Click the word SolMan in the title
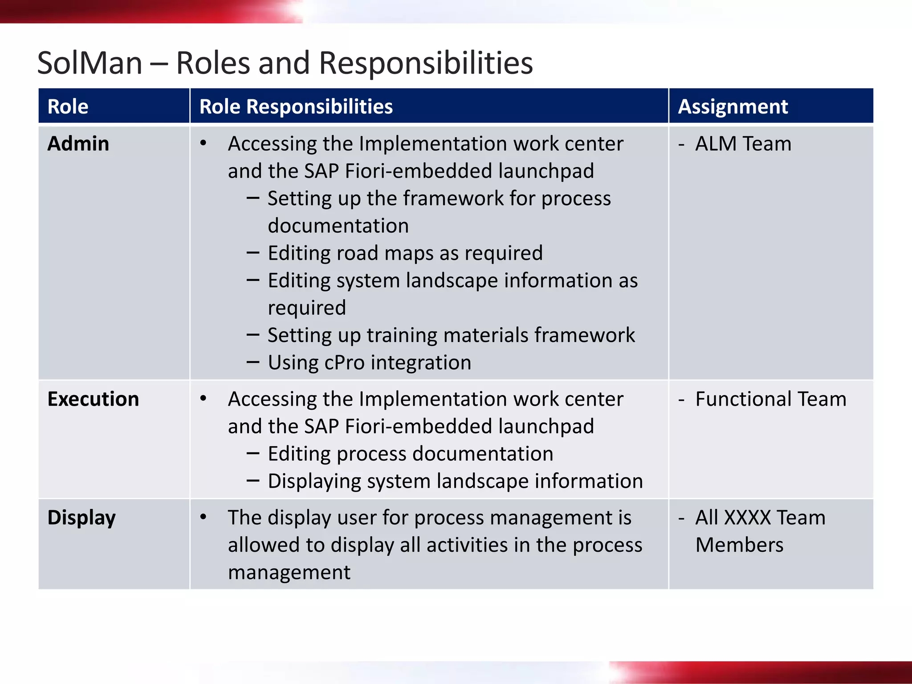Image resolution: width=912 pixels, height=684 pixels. click(x=90, y=63)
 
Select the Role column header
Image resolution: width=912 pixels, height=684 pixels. click(x=68, y=106)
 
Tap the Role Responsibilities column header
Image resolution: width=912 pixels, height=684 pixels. click(x=296, y=106)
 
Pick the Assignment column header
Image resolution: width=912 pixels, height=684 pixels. click(x=733, y=106)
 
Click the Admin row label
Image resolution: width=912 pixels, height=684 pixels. click(x=78, y=144)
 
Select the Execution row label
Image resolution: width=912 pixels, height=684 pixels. click(x=94, y=399)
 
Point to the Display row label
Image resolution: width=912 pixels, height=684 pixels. click(x=82, y=517)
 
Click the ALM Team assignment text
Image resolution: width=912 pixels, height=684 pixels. click(x=743, y=144)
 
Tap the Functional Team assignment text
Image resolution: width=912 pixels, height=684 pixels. click(x=771, y=399)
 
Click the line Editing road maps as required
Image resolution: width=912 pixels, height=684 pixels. click(x=405, y=253)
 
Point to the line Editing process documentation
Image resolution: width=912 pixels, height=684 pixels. click(x=410, y=454)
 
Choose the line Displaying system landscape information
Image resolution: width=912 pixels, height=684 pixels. click(x=455, y=481)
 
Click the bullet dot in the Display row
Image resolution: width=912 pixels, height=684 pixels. click(x=204, y=517)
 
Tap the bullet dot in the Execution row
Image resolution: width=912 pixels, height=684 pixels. click(x=204, y=398)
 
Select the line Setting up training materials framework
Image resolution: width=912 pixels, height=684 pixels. click(x=451, y=335)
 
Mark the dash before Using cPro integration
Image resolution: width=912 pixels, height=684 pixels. click(x=253, y=362)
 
